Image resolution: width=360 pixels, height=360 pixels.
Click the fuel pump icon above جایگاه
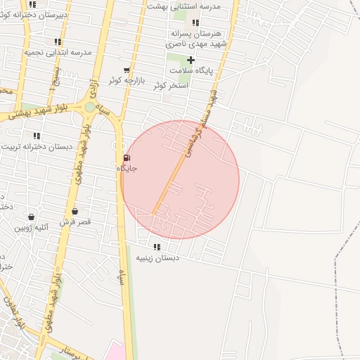pos(127,157)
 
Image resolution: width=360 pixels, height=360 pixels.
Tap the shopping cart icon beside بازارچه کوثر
pos(127,70)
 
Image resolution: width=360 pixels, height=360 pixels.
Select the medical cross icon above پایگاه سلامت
pos(191,60)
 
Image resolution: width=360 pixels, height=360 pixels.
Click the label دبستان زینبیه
pos(157,258)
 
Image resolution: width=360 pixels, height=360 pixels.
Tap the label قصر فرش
pos(75,222)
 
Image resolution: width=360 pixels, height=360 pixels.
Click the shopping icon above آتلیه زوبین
pos(31,217)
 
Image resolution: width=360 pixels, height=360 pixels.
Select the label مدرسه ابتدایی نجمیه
pos(58,53)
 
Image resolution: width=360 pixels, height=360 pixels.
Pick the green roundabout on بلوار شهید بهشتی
pos(90,108)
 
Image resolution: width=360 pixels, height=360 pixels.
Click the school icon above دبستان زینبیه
pos(156,247)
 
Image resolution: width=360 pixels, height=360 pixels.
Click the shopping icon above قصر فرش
pos(75,211)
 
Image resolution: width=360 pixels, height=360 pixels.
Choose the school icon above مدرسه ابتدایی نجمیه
pos(58,42)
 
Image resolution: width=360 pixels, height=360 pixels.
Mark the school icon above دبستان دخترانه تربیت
pos(37,136)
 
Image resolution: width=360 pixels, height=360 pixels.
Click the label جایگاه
pos(127,169)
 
